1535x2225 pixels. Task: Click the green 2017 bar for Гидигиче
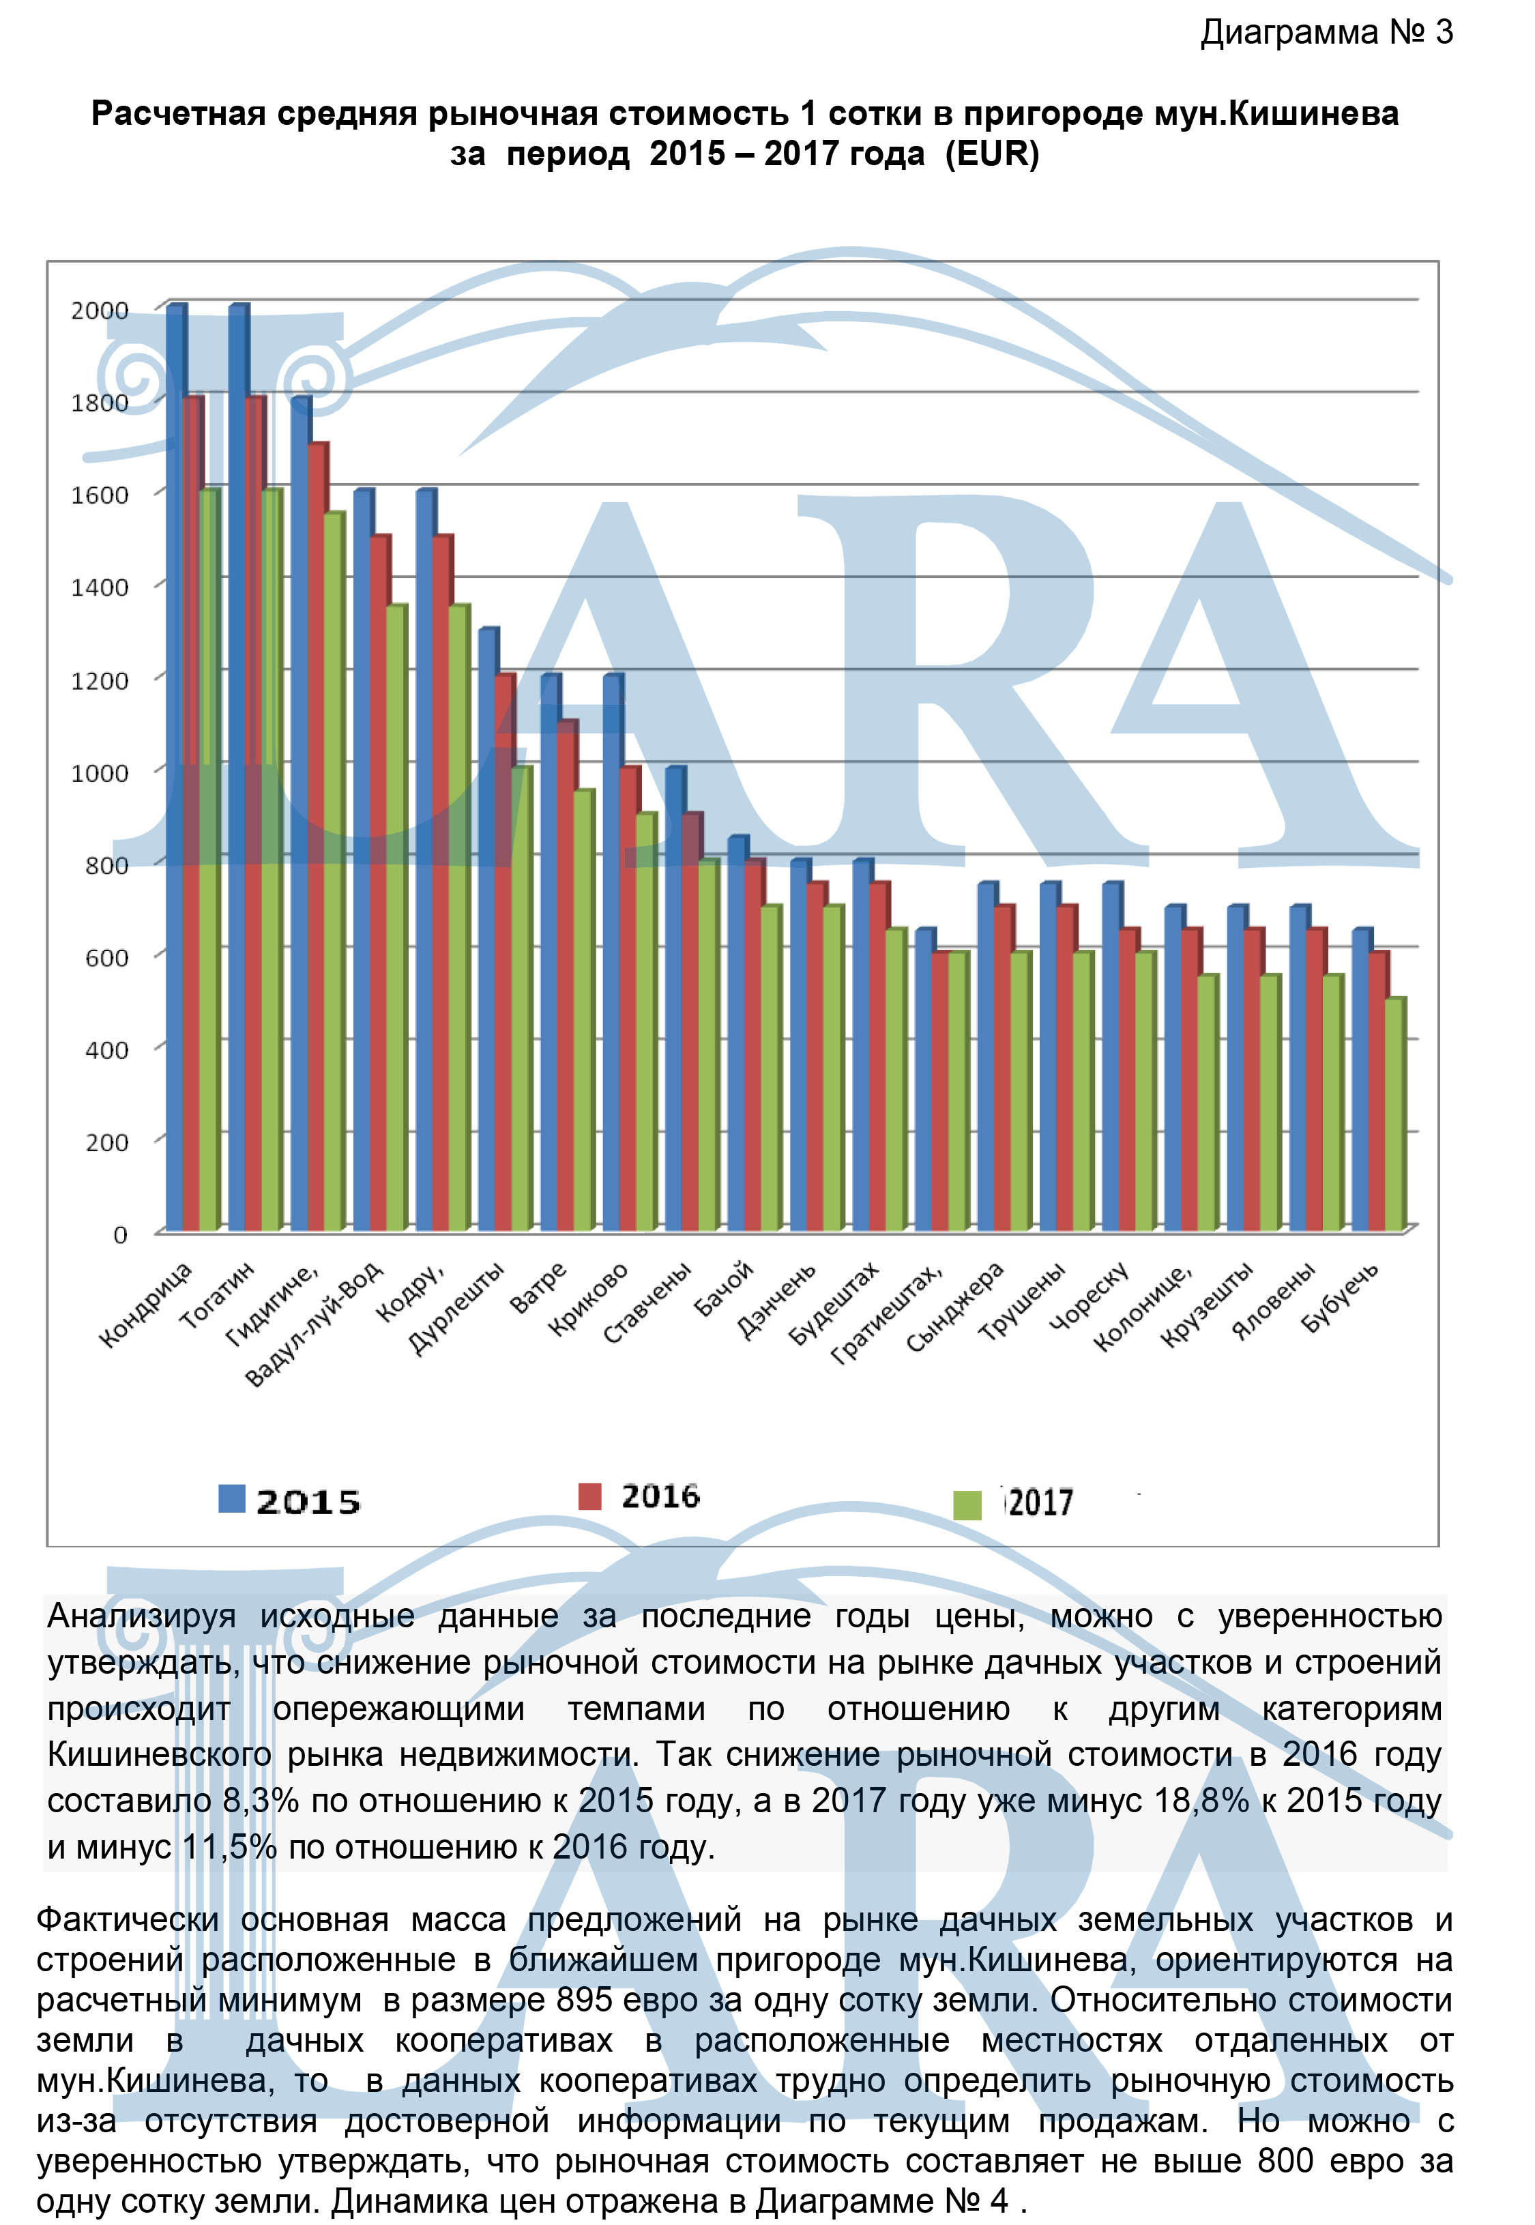(x=333, y=871)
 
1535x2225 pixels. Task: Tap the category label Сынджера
(x=955, y=1307)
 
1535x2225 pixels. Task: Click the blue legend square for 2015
(x=232, y=1499)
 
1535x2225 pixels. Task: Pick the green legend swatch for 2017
(x=967, y=1504)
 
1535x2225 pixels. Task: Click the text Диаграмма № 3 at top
(x=1326, y=33)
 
